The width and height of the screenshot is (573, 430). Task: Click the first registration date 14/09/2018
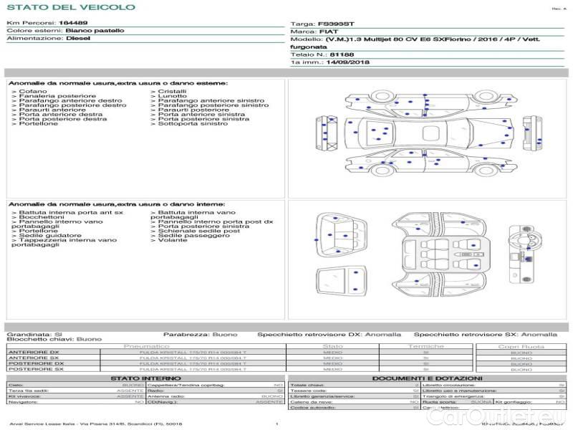click(349, 62)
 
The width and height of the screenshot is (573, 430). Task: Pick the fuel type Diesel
click(78, 39)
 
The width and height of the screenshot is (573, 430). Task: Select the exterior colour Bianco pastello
click(95, 31)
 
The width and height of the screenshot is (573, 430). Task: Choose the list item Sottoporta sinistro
click(192, 124)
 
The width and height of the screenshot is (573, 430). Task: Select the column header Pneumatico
click(146, 347)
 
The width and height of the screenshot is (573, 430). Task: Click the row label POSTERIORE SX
click(36, 369)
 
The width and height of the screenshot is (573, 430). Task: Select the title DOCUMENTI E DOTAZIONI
click(427, 378)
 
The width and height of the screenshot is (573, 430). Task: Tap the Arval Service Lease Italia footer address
click(95, 424)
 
